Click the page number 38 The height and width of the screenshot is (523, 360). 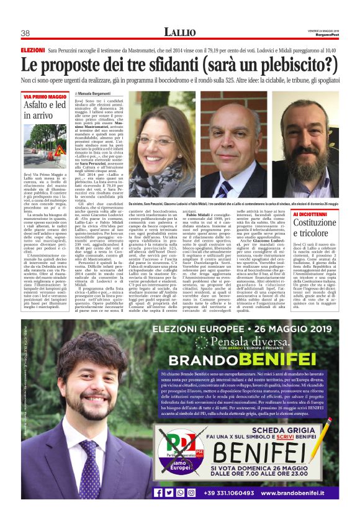click(25, 33)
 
